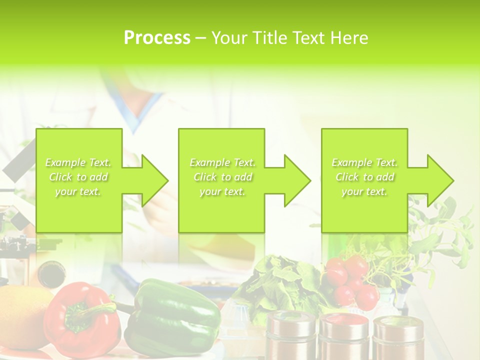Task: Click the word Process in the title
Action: coord(157,38)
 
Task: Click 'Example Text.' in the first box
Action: coord(78,162)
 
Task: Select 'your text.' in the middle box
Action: coord(222,191)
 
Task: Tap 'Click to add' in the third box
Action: coord(365,177)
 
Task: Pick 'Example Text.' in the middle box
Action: coord(222,162)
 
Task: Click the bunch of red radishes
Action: coord(352,280)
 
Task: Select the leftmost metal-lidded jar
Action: coord(290,335)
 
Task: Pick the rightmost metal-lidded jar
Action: coord(397,340)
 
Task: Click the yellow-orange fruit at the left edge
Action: coord(22,320)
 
